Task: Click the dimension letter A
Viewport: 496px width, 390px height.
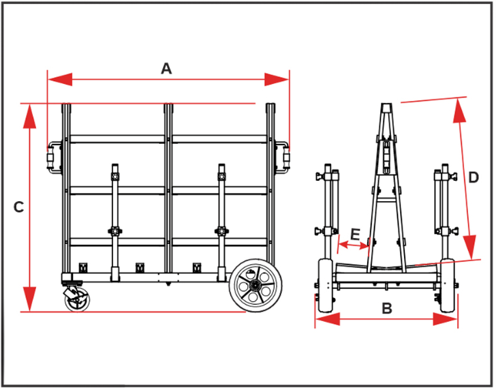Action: [166, 68]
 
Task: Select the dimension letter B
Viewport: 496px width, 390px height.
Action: [386, 307]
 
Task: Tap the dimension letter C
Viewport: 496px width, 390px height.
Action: [19, 207]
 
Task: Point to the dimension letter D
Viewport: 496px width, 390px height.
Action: [474, 177]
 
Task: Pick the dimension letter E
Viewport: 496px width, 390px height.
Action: [355, 234]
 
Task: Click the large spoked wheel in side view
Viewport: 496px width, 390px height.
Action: [255, 286]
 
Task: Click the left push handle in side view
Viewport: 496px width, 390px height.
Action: [50, 157]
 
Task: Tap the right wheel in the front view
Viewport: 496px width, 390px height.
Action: [448, 290]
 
